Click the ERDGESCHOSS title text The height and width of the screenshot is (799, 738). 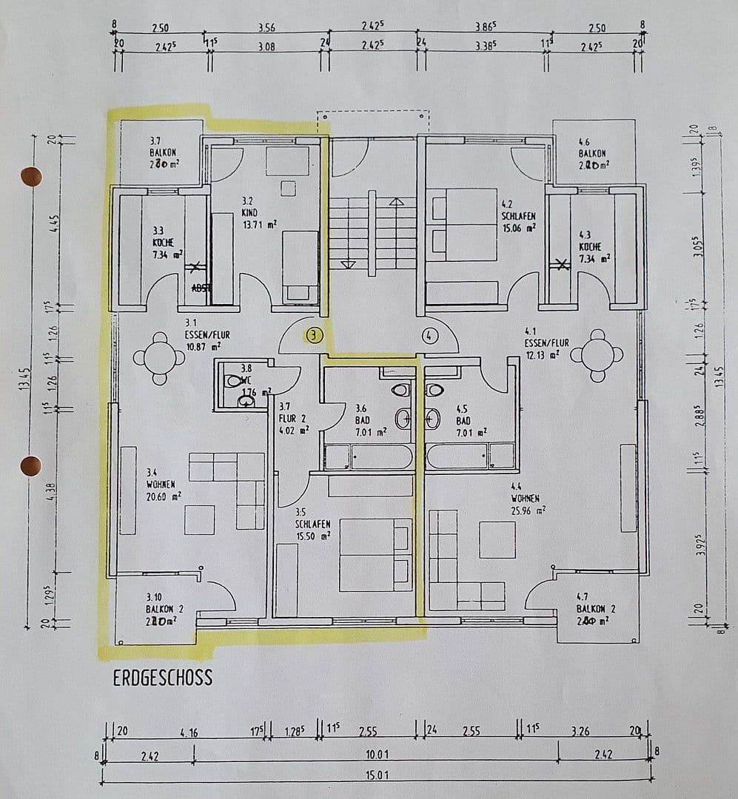coord(162,678)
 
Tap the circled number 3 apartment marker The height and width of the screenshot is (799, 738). coord(315,335)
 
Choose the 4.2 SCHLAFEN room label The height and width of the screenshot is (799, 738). coord(517,218)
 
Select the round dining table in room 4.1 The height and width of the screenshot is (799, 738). coord(597,355)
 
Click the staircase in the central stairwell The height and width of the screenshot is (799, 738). coord(372,233)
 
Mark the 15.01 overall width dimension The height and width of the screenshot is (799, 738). coord(377,775)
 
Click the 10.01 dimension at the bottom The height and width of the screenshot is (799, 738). coord(377,755)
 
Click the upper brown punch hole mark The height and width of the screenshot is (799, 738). coord(30,176)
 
